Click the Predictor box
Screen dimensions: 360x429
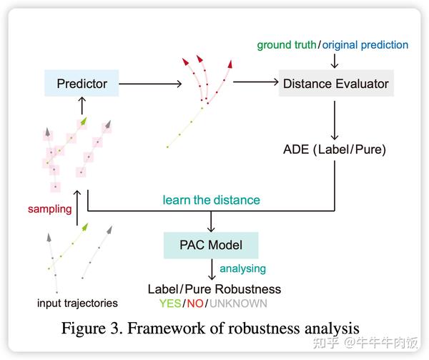click(82, 84)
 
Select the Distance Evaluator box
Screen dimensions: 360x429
click(335, 84)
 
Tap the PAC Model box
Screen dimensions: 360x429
click(210, 245)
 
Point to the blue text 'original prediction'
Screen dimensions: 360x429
click(365, 45)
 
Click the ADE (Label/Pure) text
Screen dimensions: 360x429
click(335, 150)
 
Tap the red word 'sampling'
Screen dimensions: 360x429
click(50, 210)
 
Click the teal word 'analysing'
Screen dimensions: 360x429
click(242, 268)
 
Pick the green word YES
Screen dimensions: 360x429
click(170, 303)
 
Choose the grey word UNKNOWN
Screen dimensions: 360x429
click(236, 303)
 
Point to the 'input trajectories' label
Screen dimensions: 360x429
click(77, 303)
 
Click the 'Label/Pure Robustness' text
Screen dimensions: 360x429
click(214, 289)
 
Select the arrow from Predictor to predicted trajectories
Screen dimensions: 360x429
click(150, 84)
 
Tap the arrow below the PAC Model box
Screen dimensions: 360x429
click(212, 269)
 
